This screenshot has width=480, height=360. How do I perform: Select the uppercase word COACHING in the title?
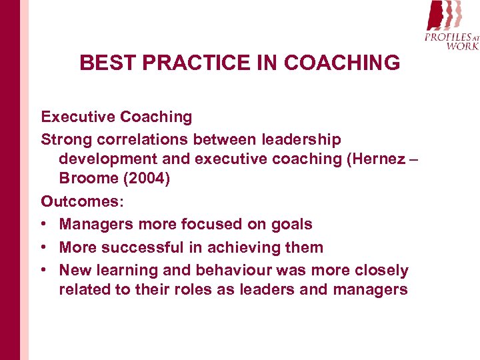[x=342, y=63]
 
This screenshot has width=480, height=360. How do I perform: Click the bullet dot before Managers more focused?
[x=45, y=225]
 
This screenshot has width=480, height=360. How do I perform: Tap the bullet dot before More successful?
[x=45, y=247]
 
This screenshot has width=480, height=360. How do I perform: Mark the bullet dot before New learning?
[x=45, y=270]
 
